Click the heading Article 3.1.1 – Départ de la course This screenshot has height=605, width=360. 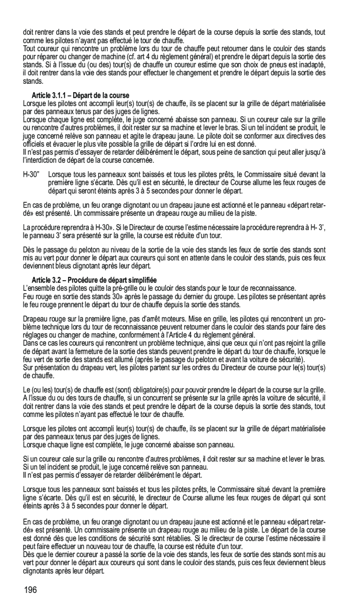click(x=80, y=95)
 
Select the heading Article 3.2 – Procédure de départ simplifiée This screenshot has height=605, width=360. click(x=94, y=280)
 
